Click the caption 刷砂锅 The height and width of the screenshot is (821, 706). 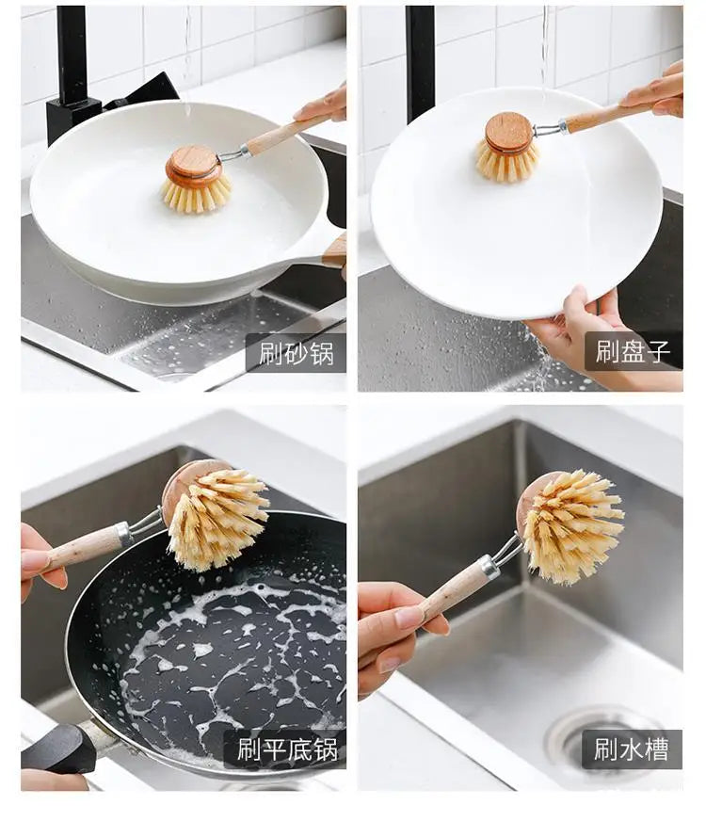[x=296, y=353]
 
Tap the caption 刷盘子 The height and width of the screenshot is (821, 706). [x=633, y=351]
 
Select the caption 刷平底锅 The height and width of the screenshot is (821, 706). [x=284, y=749]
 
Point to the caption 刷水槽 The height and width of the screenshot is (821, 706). [x=632, y=749]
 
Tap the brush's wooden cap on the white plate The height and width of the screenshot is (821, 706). [x=508, y=132]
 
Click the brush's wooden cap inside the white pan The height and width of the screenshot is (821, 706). [x=194, y=165]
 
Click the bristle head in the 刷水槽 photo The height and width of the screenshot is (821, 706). [x=574, y=525]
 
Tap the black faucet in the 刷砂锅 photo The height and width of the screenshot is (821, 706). [x=72, y=71]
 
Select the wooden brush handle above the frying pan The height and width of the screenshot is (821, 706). [x=83, y=547]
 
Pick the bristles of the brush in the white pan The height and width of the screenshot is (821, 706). [x=196, y=194]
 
